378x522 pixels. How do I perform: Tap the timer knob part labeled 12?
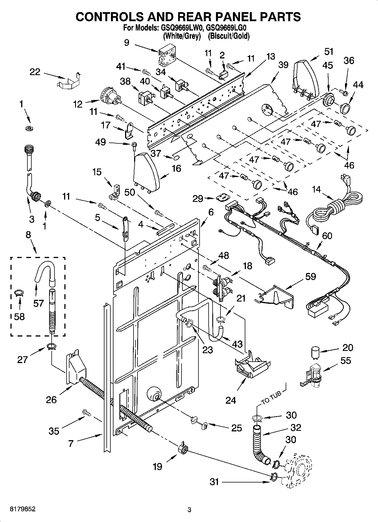[x=110, y=97]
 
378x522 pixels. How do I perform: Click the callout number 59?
[x=310, y=276]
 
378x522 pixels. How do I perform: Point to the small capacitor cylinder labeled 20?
[x=315, y=353]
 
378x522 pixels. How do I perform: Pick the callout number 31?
[x=214, y=482]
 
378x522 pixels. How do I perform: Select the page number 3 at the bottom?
[x=189, y=510]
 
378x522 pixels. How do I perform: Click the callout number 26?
[x=51, y=399]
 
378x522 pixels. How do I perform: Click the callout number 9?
[x=126, y=42]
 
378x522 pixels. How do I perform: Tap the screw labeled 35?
[x=86, y=412]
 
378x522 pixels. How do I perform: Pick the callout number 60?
[x=327, y=235]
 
